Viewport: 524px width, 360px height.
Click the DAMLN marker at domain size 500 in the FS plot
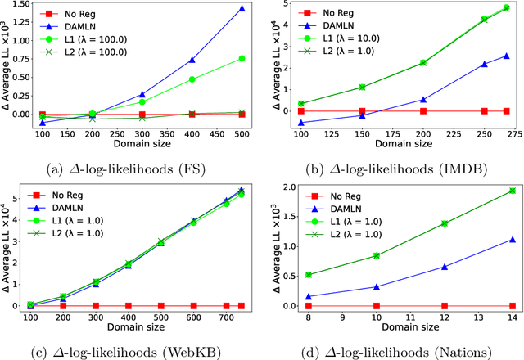tap(241, 8)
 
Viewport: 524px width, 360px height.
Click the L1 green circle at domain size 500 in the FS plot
tap(241, 58)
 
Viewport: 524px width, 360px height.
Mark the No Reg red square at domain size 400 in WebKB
tap(128, 305)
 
